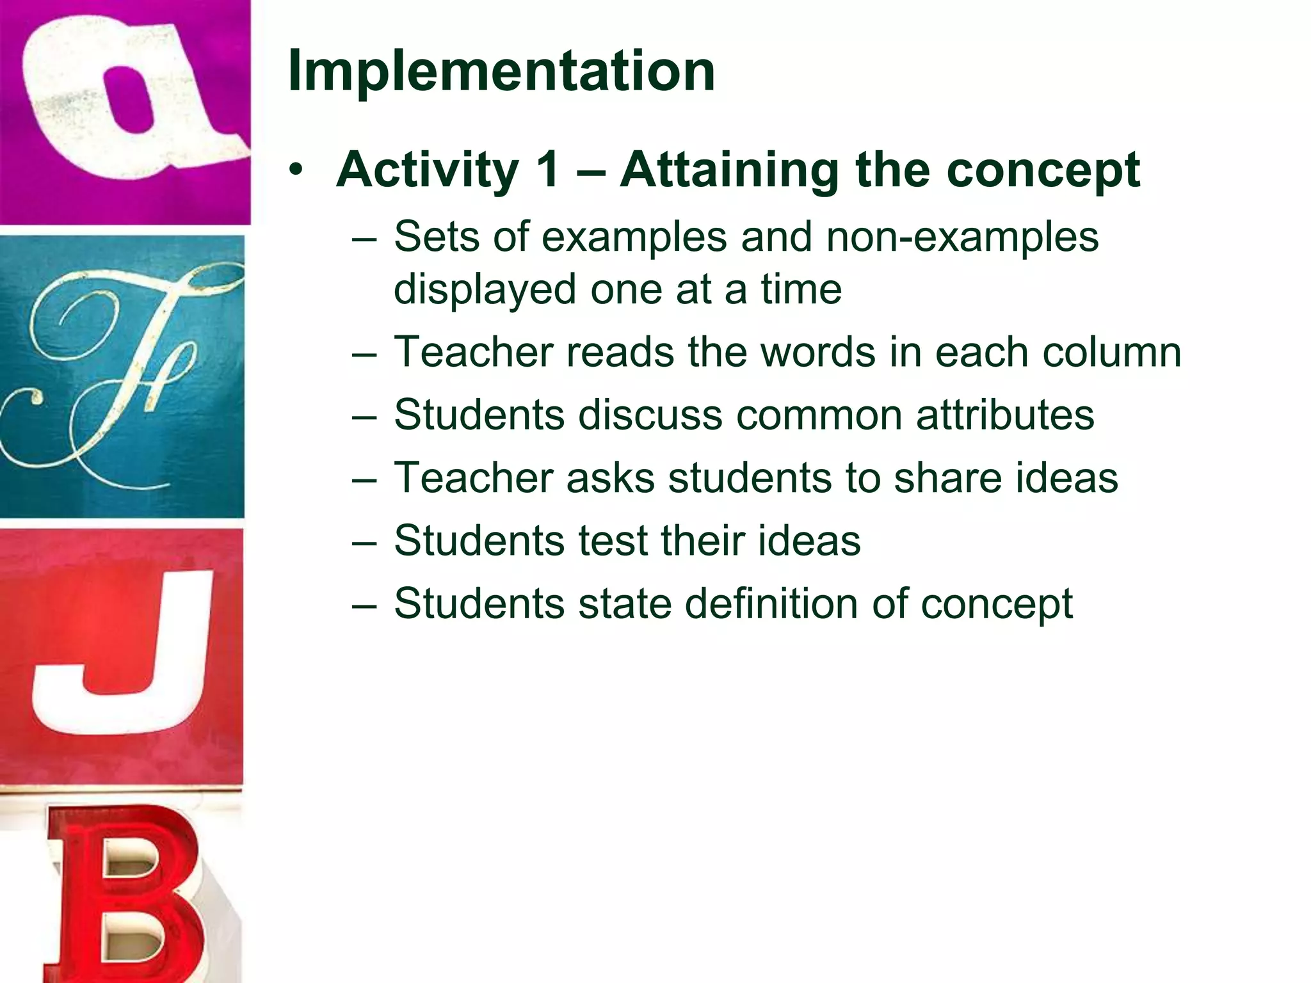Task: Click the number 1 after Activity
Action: tap(548, 170)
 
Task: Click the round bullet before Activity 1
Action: tap(294, 170)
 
